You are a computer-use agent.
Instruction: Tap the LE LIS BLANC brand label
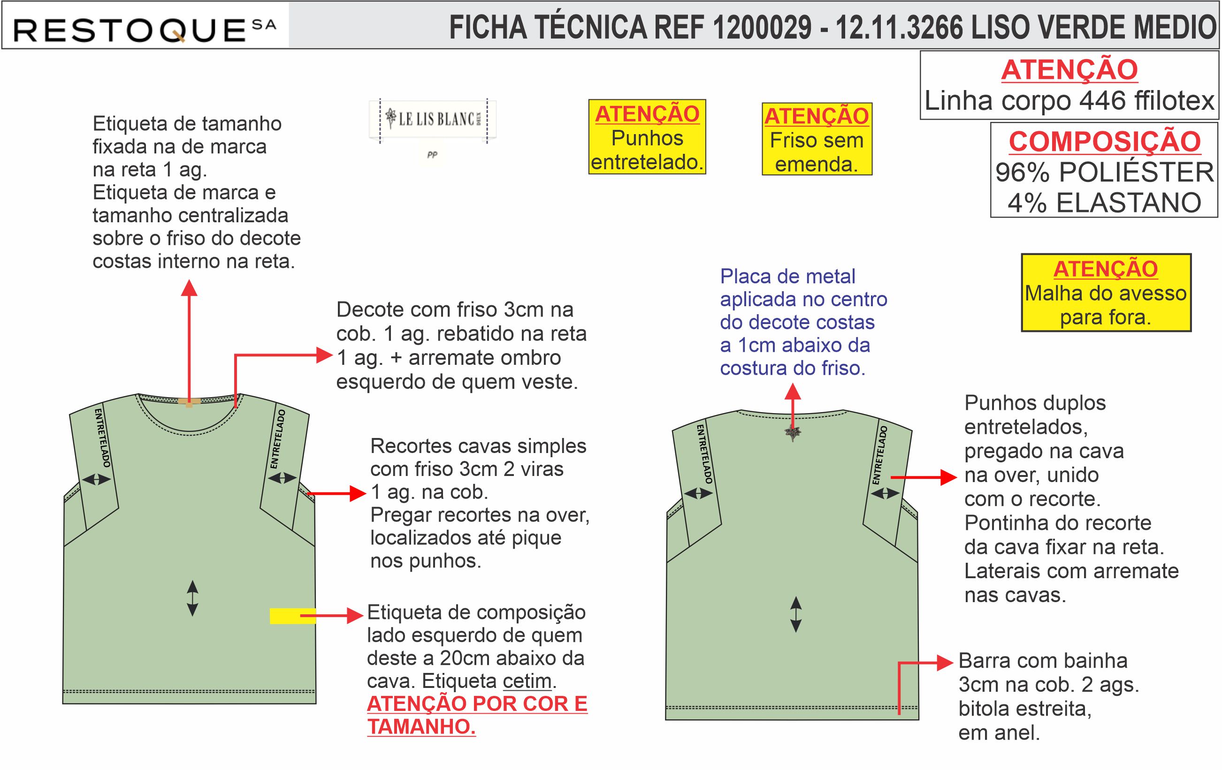coord(433,120)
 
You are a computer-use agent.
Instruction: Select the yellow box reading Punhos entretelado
coord(647,137)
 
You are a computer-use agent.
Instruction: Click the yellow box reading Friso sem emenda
coord(817,139)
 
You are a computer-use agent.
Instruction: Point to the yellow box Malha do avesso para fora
coord(1106,293)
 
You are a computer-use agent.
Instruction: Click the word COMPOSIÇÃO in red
coord(1105,142)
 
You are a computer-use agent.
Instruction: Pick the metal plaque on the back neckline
coord(792,433)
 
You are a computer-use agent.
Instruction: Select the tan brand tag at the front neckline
coord(189,402)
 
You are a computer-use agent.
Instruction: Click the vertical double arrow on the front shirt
coord(192,598)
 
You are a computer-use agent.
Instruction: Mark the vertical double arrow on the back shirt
coord(796,614)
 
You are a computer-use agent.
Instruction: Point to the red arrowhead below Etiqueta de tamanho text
coord(189,287)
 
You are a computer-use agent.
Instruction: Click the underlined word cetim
coord(527,681)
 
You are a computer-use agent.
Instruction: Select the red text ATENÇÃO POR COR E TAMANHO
coord(477,715)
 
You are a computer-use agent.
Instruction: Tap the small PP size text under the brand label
coord(432,155)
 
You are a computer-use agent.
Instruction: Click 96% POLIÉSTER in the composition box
coord(1105,173)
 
